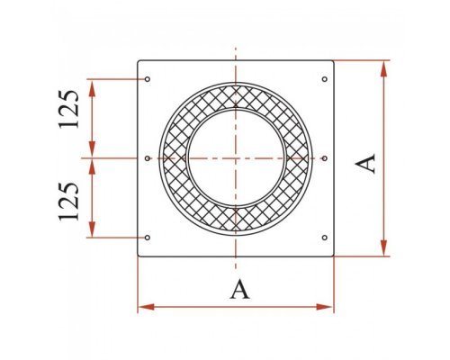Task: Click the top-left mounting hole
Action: [x=148, y=79]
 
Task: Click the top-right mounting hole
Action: [x=325, y=79]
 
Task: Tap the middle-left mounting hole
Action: [x=148, y=158]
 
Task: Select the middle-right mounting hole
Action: [x=325, y=158]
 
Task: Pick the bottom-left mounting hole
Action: [x=148, y=238]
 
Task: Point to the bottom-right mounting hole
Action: [x=325, y=238]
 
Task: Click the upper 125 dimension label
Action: [x=69, y=109]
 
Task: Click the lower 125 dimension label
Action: [x=69, y=201]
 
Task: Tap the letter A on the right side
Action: [x=365, y=164]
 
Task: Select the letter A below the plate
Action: [x=239, y=289]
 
